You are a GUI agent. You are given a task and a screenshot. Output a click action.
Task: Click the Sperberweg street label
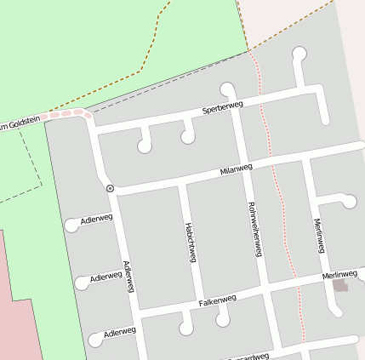point(223,107)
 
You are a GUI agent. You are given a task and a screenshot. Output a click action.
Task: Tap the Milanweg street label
point(237,169)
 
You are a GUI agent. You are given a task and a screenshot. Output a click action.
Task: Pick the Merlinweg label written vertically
point(319,235)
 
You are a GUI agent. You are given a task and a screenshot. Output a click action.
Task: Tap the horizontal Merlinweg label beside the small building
point(339,275)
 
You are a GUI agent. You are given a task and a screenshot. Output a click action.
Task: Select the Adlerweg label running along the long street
point(128,277)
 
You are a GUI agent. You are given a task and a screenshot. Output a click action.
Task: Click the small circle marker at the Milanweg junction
point(110,187)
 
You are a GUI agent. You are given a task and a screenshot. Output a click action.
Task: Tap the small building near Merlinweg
point(340,286)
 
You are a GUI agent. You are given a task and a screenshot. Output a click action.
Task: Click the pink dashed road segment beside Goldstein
point(68,113)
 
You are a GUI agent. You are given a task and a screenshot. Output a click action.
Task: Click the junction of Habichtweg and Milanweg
point(182,180)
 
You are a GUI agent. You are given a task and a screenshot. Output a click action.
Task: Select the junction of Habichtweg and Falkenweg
point(198,305)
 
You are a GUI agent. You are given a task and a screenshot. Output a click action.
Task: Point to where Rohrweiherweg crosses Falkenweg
point(265,291)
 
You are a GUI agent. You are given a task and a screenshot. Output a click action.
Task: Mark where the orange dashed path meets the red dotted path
point(249,50)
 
